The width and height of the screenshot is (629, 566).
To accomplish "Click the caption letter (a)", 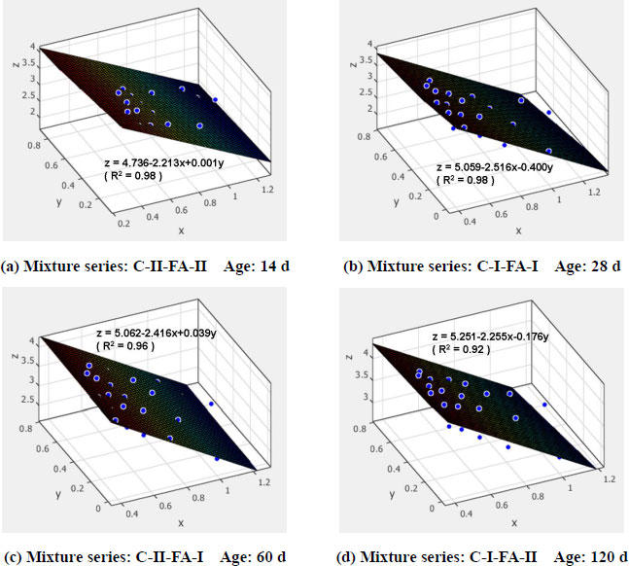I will coord(13,265).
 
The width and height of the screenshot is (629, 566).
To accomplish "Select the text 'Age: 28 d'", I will coord(586,265).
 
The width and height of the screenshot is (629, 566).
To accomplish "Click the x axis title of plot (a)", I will coord(181,231).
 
